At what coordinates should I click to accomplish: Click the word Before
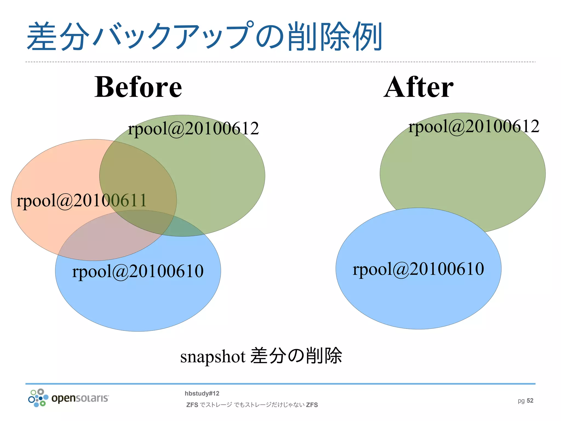click(138, 87)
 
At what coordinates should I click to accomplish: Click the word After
click(419, 87)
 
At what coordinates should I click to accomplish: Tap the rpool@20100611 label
click(82, 200)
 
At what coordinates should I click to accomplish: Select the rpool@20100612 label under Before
click(193, 128)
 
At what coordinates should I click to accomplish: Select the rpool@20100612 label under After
click(474, 126)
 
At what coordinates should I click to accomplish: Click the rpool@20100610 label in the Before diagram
click(138, 271)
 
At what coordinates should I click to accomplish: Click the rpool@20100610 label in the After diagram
click(418, 269)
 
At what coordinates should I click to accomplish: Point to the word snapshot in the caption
click(213, 357)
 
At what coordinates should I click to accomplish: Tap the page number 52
click(530, 401)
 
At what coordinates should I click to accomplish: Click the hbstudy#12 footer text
click(202, 394)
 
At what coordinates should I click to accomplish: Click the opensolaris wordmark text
click(80, 398)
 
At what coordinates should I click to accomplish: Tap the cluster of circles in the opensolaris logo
click(38, 398)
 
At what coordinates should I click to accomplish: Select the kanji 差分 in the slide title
click(58, 37)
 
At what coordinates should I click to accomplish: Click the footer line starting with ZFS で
click(252, 405)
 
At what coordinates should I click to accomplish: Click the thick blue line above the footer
click(280, 384)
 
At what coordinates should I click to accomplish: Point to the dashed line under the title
click(280, 62)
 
